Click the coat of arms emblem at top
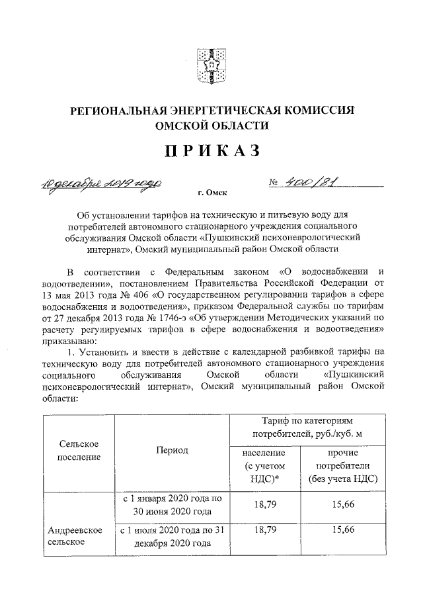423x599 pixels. [211, 64]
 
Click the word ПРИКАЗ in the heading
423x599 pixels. [211, 152]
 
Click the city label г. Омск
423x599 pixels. [211, 193]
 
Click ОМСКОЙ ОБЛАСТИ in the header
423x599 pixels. [211, 125]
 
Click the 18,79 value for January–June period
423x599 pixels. [264, 505]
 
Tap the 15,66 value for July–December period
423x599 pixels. [342, 530]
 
